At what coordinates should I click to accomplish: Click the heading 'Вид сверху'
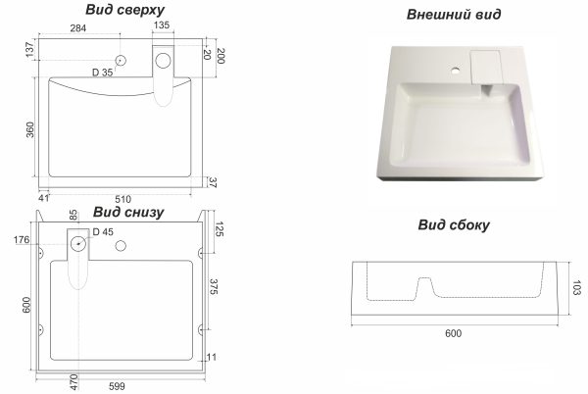click(124, 10)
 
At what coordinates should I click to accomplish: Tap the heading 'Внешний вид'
click(454, 15)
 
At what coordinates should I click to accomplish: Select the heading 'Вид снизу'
click(128, 212)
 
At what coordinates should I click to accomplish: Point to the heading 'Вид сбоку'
click(454, 224)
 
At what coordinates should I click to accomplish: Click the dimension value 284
click(78, 28)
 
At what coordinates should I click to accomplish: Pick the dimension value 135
click(162, 25)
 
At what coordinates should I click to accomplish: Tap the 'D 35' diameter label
click(102, 73)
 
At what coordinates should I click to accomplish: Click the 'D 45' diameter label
click(103, 232)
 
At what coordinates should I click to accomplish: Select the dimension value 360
click(30, 129)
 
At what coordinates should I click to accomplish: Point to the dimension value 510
click(123, 199)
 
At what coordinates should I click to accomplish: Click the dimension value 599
click(117, 386)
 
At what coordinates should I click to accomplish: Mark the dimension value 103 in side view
click(576, 287)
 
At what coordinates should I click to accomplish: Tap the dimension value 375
click(214, 287)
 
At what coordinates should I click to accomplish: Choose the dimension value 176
click(22, 239)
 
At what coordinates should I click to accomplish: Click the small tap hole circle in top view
click(121, 61)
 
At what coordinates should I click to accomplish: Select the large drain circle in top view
click(163, 61)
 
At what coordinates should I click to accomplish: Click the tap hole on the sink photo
click(456, 71)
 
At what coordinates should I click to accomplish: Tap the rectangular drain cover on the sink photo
click(486, 67)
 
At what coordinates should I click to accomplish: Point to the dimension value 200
click(220, 56)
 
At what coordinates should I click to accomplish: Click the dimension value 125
click(220, 229)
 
